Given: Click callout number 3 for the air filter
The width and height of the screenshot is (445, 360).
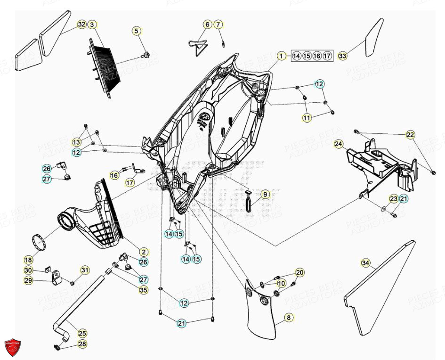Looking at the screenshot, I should pyautogui.click(x=92, y=24).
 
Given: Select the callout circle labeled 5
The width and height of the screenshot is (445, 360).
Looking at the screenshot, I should pyautogui.click(x=136, y=31).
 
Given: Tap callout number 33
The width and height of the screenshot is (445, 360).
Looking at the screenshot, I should pyautogui.click(x=342, y=56).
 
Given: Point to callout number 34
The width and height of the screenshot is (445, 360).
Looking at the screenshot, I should pyautogui.click(x=365, y=262).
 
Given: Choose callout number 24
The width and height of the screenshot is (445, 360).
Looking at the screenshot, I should pyautogui.click(x=339, y=143).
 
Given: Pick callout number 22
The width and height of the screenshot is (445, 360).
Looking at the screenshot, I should pyautogui.click(x=411, y=135).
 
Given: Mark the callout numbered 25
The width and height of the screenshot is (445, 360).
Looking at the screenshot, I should pyautogui.click(x=82, y=333).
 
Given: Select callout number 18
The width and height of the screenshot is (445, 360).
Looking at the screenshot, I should pyautogui.click(x=28, y=260).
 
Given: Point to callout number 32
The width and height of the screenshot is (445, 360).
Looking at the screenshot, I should pyautogui.click(x=82, y=24).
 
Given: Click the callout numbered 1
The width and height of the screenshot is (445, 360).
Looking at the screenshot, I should pyautogui.click(x=281, y=56).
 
